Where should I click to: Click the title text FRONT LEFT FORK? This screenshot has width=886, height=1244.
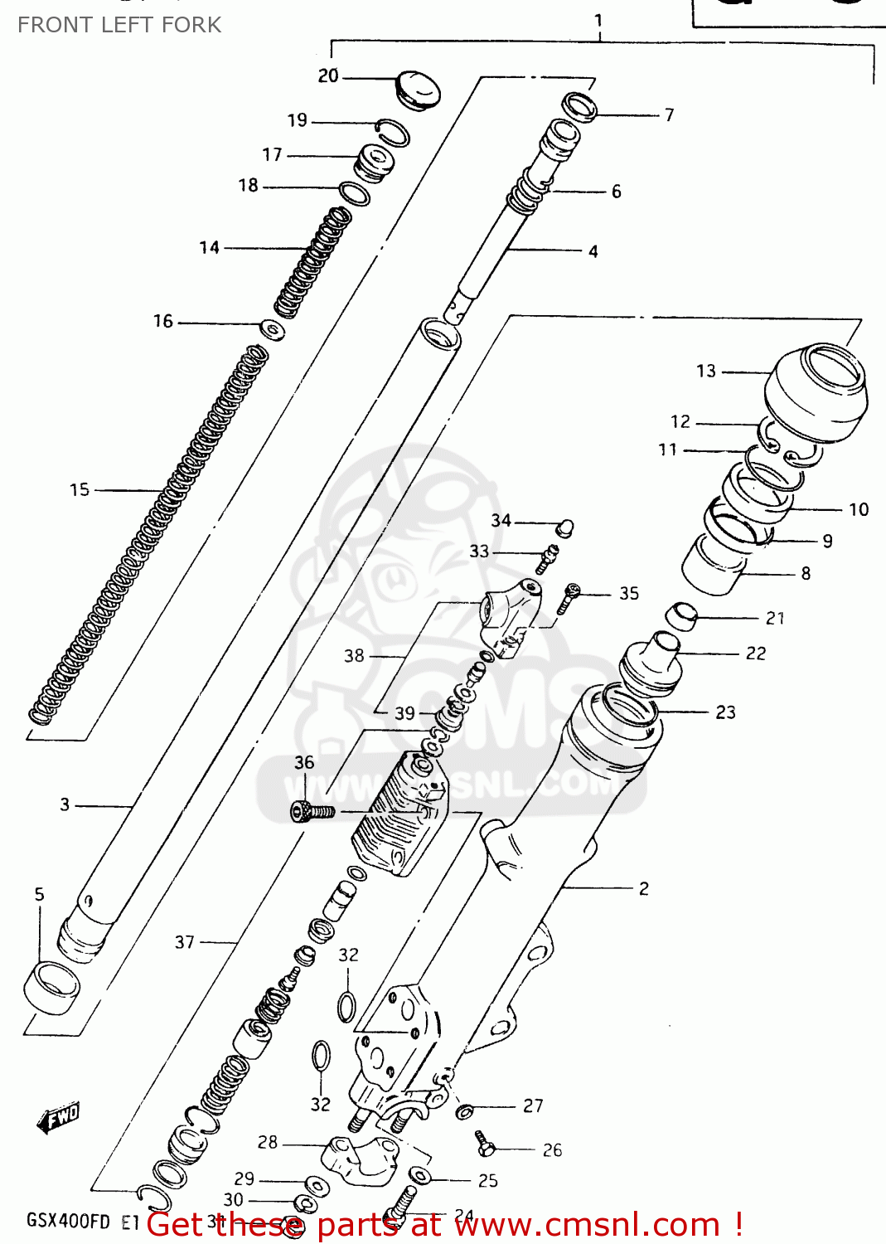pyautogui.click(x=119, y=25)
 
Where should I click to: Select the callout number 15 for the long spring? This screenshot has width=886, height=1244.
pyautogui.click(x=79, y=490)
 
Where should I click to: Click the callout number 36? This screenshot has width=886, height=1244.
pyautogui.click(x=304, y=762)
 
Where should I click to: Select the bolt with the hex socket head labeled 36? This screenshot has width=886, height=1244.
pyautogui.click(x=312, y=811)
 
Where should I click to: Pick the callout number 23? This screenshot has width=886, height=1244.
pyautogui.click(x=725, y=712)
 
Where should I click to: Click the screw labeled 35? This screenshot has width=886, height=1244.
pyautogui.click(x=569, y=597)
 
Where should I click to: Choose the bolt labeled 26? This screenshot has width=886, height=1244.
pyautogui.click(x=486, y=1144)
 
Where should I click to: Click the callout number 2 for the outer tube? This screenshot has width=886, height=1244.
pyautogui.click(x=644, y=888)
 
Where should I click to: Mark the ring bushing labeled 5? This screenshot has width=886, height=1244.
pyautogui.click(x=51, y=985)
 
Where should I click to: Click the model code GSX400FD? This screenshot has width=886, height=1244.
pyautogui.click(x=68, y=1221)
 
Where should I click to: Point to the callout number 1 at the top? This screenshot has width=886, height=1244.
pyautogui.click(x=598, y=20)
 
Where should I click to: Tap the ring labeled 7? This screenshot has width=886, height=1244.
pyautogui.click(x=580, y=107)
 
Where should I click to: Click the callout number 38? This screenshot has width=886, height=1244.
pyautogui.click(x=354, y=656)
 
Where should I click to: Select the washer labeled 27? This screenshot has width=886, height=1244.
pyautogui.click(x=465, y=1110)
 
